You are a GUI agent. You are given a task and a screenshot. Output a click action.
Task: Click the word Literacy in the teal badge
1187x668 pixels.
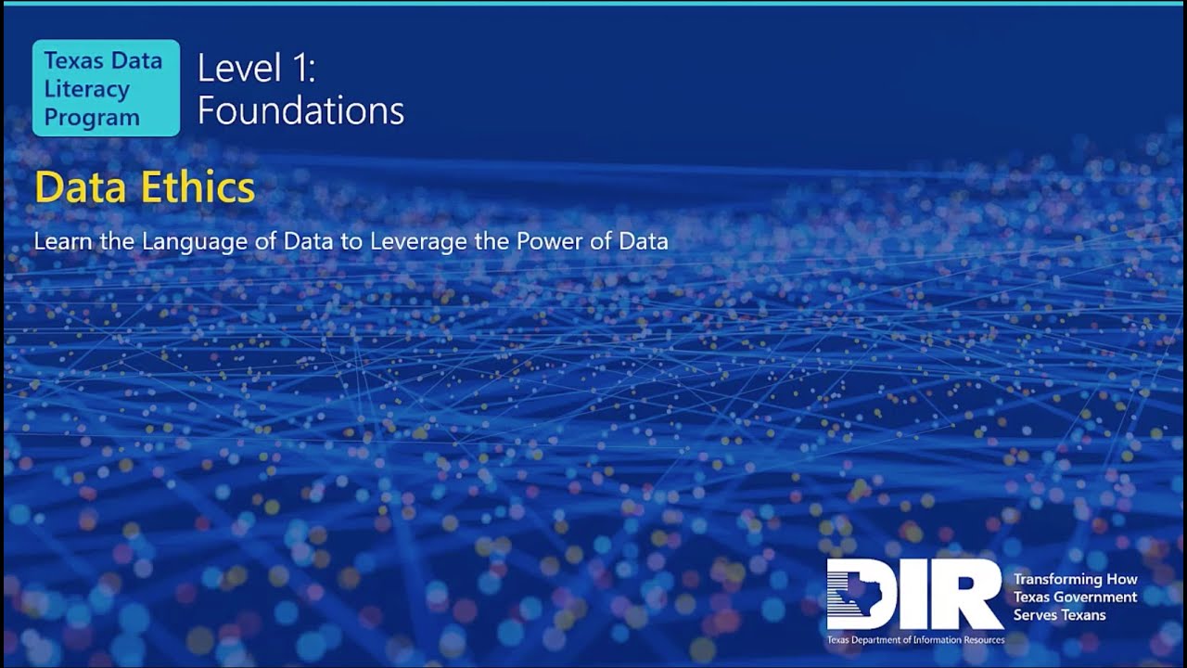click(87, 89)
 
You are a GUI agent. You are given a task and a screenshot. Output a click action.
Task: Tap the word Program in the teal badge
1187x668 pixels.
click(92, 118)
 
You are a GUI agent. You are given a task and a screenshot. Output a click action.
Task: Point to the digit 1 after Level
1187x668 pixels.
click(299, 70)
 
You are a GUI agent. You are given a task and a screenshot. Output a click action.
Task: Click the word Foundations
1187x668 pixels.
click(300, 111)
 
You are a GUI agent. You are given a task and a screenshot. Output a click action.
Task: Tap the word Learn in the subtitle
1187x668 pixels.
click(59, 241)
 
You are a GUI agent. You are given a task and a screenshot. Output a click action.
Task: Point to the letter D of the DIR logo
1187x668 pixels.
click(858, 594)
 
